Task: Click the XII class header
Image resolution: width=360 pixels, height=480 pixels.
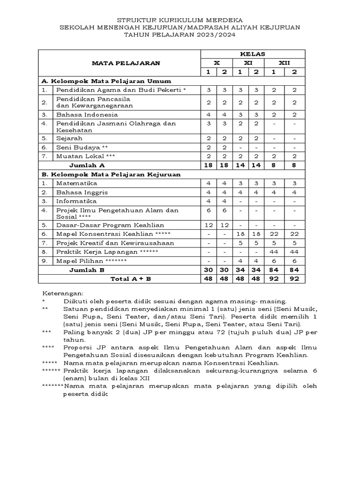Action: [284, 63]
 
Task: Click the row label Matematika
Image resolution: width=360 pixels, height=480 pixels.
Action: [76, 183]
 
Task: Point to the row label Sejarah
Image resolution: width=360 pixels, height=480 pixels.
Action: [69, 138]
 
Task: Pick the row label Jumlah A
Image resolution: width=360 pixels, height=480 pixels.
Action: [87, 165]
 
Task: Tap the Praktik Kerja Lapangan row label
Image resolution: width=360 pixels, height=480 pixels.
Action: [107, 252]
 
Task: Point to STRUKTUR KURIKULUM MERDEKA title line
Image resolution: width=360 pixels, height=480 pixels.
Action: [180, 21]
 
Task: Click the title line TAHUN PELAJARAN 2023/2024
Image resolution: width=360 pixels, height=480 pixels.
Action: [180, 35]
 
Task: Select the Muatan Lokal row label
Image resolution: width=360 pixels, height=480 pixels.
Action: [85, 156]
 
